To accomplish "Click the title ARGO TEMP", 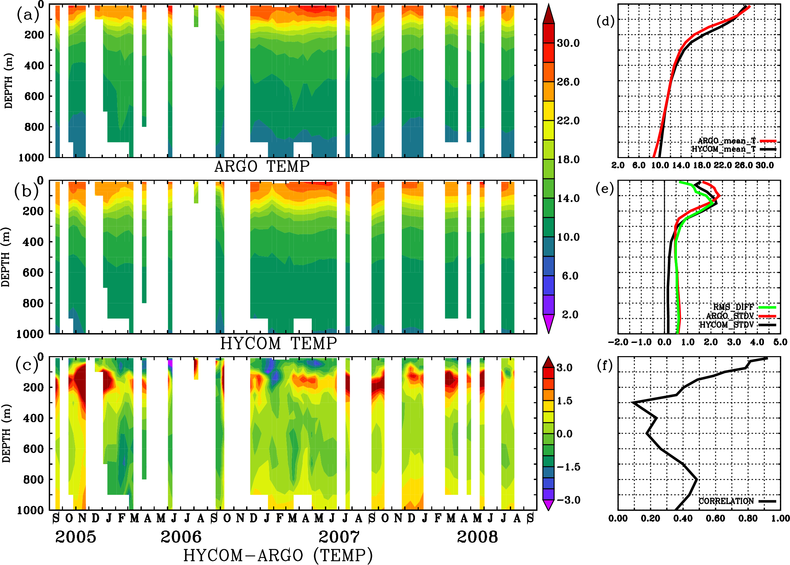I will (262, 167).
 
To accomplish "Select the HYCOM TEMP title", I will (279, 343).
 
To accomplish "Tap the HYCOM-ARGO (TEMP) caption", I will (278, 555).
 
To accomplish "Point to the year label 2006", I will (181, 537).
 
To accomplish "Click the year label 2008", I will (477, 537).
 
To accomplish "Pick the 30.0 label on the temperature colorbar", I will (568, 43).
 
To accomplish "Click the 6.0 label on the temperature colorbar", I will (570, 276).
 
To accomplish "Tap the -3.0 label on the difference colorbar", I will (568, 500).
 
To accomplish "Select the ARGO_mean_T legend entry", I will (727, 141).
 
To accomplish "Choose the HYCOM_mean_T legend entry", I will (724, 149).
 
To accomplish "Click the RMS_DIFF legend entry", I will (733, 307).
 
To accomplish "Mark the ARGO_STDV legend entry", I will (729, 316).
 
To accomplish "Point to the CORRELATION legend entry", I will (726, 501).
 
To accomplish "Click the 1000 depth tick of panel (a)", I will (31, 158).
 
